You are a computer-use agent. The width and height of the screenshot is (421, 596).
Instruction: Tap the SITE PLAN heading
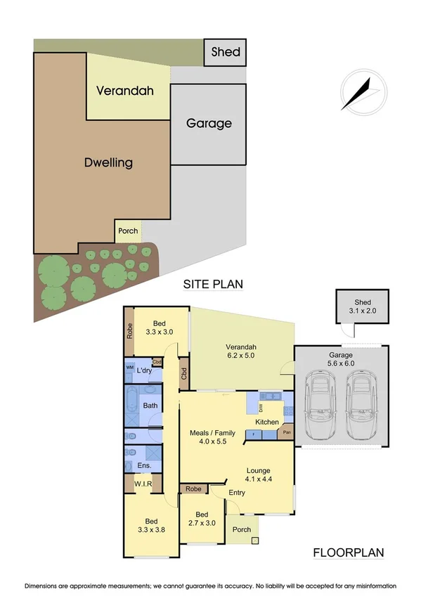213,285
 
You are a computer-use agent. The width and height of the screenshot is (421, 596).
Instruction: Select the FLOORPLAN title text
349,552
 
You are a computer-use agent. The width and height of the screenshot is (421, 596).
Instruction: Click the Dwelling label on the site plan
108,162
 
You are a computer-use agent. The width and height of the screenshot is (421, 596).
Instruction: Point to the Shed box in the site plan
226,52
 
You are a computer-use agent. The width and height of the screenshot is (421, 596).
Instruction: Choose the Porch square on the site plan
128,231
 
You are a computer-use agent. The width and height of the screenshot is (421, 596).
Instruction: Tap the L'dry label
145,370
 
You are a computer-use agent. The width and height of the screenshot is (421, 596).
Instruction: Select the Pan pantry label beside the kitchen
287,433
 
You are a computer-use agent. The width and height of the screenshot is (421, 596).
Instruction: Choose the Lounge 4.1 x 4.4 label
258,475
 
